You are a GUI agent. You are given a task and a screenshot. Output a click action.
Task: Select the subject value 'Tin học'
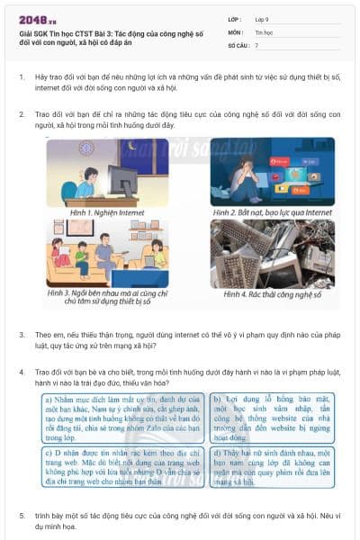[x=264, y=31]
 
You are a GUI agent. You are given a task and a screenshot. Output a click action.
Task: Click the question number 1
[x=22, y=78]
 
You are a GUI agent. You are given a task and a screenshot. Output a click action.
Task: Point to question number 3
[x=22, y=334]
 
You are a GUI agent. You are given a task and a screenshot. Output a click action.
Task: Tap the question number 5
[x=22, y=516]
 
